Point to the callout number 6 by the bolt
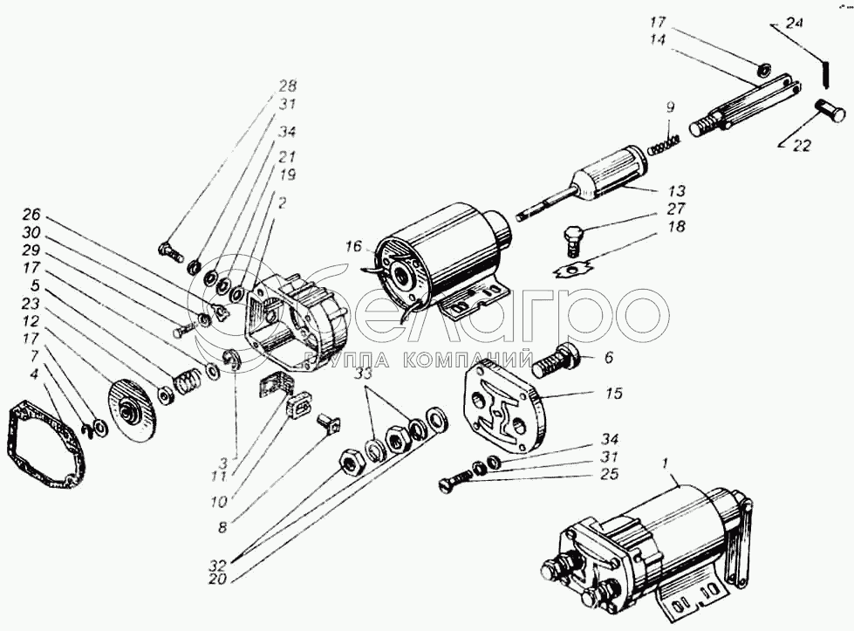608,356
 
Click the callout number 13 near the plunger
677,191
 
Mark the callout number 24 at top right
794,24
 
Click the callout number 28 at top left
287,86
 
